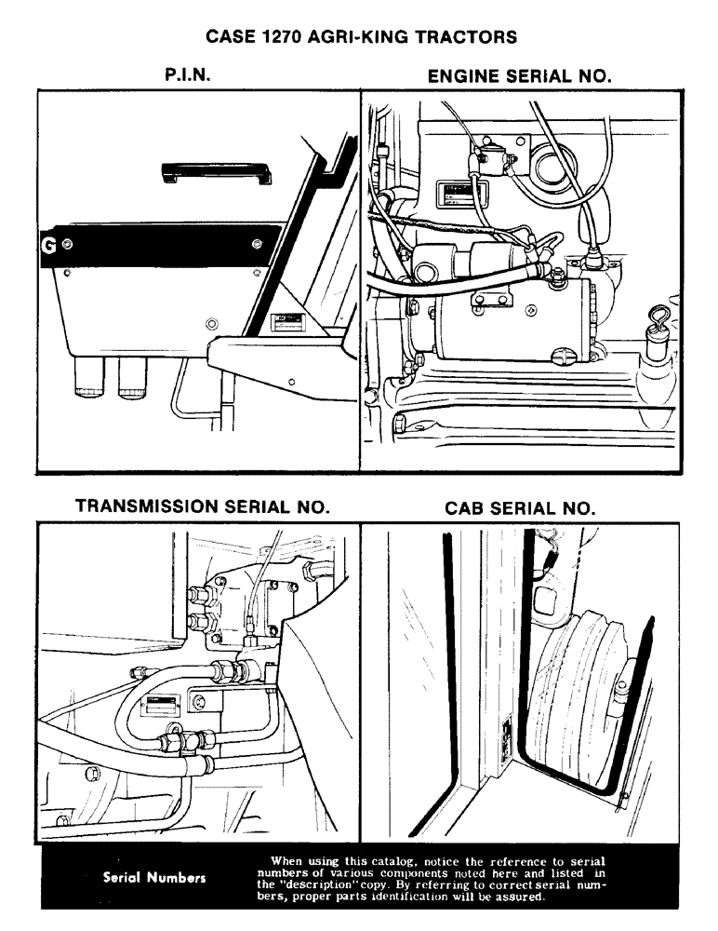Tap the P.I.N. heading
(x=185, y=76)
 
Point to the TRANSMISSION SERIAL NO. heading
(x=202, y=507)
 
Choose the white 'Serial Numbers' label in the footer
(x=153, y=877)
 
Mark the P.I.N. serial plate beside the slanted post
(x=286, y=323)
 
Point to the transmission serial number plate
(x=156, y=706)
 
